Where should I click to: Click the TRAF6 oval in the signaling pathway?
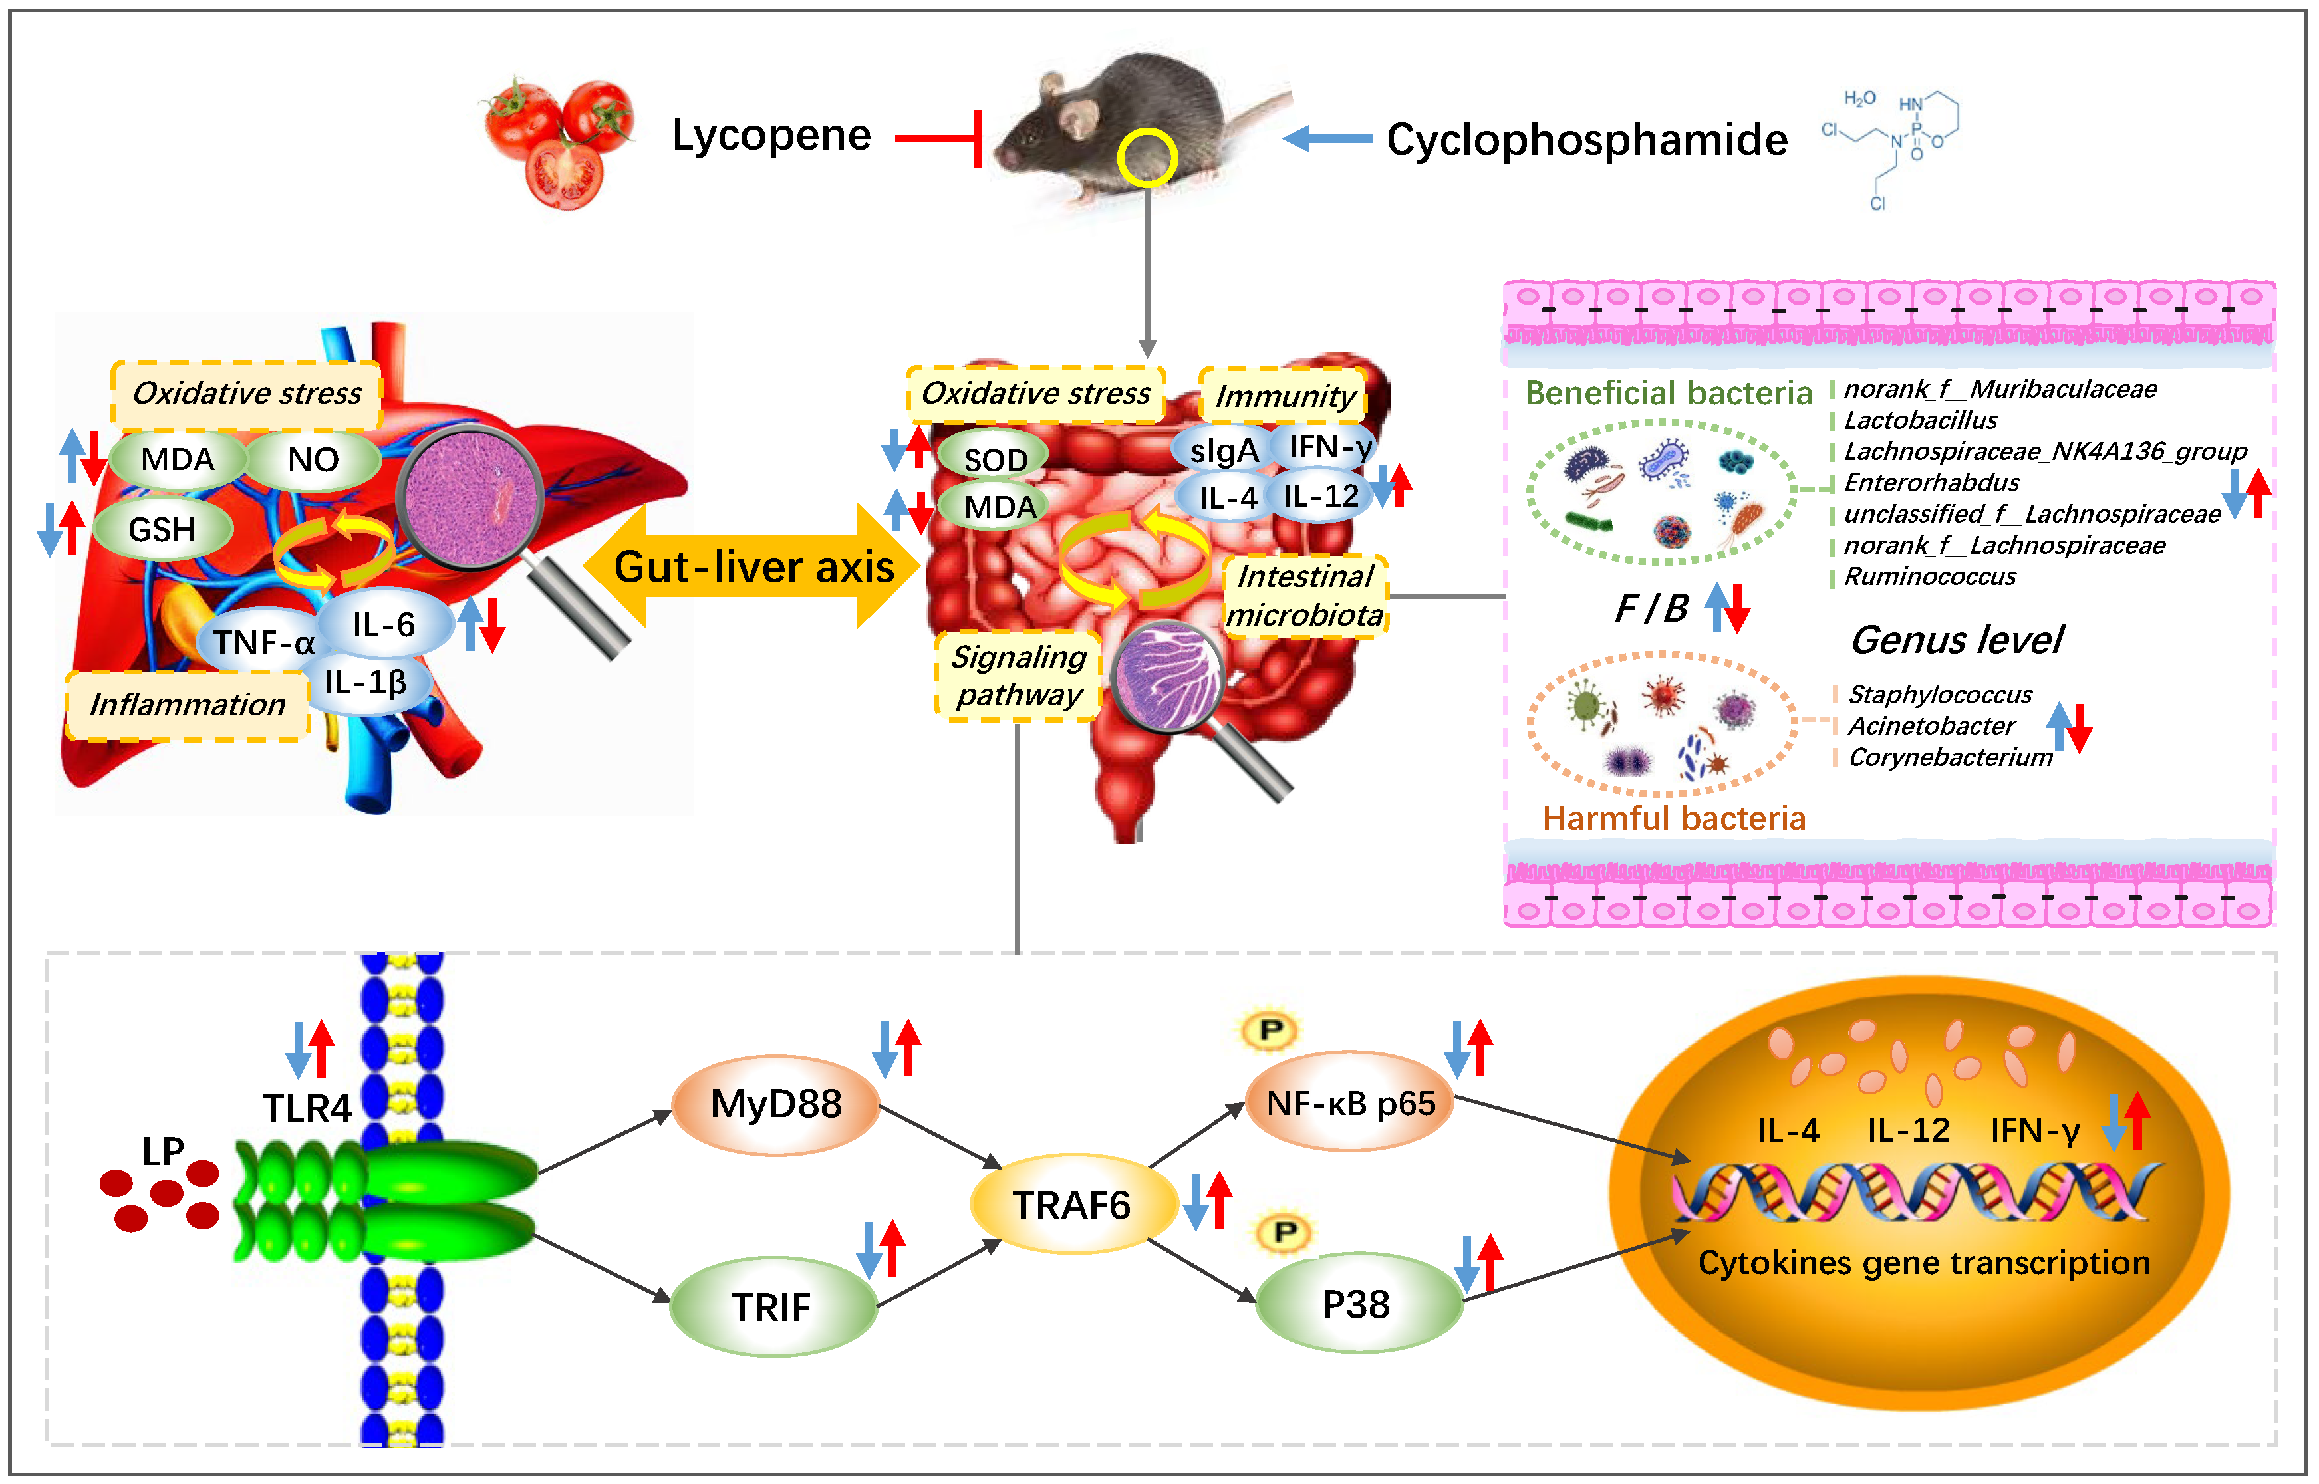(1072, 1205)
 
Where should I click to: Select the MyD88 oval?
(776, 1104)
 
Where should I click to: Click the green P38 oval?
(1357, 1304)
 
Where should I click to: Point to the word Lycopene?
(771, 135)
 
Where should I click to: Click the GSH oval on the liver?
(162, 529)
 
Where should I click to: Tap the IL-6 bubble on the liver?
(384, 624)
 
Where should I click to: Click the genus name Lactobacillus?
(1920, 420)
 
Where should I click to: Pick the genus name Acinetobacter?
(1931, 725)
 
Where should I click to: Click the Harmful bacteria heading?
(1673, 818)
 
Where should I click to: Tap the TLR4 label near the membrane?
(307, 1108)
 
